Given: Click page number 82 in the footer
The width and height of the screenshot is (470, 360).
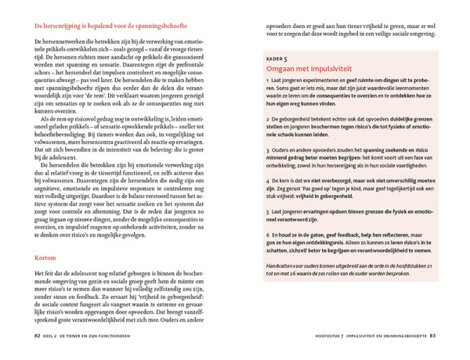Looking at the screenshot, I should [x=37, y=337].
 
